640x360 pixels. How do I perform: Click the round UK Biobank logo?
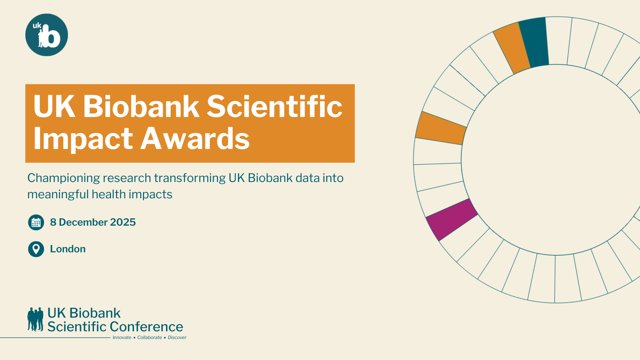coord(47,35)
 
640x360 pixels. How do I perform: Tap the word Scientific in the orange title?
coord(275,106)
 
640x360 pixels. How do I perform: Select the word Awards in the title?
coord(195,138)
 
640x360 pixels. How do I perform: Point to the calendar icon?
coord(36,222)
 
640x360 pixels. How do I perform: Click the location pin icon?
coord(36,249)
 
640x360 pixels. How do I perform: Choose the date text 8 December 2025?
coord(93,222)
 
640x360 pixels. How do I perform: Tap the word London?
coord(68,249)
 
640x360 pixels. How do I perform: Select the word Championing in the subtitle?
coord(64,178)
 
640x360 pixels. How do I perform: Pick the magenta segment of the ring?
coord(452,219)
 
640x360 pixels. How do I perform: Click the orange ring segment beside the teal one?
coord(512,48)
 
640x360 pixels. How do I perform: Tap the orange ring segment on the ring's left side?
coord(441,128)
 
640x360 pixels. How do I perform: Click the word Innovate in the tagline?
coord(122,337)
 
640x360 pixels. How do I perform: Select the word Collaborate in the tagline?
coord(150,337)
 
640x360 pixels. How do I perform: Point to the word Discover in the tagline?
coord(177,337)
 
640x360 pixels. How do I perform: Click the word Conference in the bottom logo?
coord(146,327)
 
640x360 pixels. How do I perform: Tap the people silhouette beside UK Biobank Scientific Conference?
coord(35,319)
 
